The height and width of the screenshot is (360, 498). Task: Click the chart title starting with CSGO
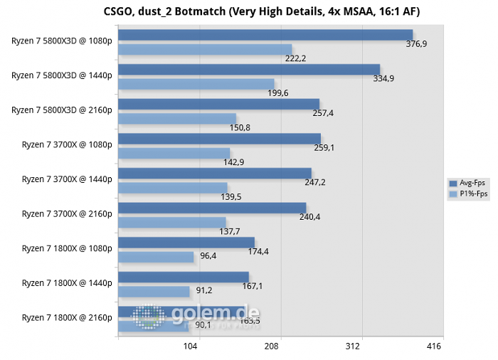[x=248, y=10]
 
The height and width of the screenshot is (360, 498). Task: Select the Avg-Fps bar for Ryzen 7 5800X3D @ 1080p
[x=265, y=35]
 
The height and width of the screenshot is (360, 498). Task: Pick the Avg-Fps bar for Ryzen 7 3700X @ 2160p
[x=212, y=208]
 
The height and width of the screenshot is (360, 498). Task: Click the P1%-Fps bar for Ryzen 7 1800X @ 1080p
[x=156, y=257]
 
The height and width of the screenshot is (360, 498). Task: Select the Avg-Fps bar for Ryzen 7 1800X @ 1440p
[x=184, y=277]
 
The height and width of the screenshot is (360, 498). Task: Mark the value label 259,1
[x=324, y=148]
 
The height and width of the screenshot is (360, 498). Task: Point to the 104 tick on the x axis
[x=191, y=346]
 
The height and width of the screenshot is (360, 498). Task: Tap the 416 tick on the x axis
[x=434, y=346]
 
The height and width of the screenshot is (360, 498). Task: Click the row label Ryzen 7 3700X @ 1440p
[x=67, y=179]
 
